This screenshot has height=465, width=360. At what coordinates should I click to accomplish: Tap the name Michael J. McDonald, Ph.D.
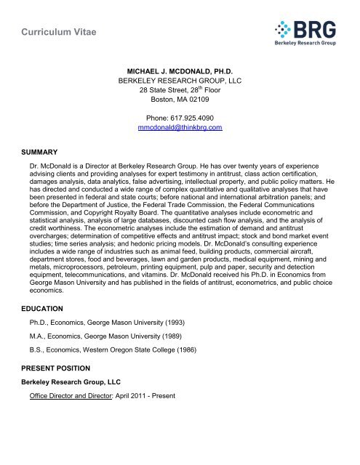(180, 73)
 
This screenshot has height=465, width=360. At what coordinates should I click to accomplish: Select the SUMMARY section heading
(31, 152)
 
